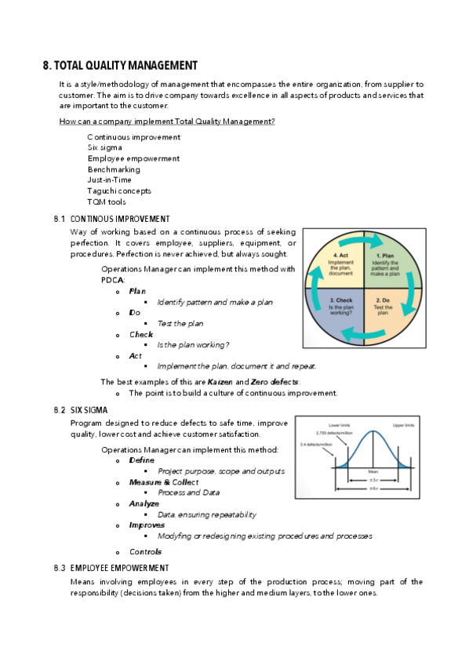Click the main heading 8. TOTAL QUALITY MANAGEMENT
pos(120,66)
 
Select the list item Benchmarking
pos(114,169)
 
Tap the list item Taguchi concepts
pos(119,191)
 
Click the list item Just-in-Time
pos(109,180)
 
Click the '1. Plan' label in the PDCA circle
pos(386,256)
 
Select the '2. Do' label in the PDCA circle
pos(384,300)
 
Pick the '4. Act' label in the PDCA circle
pos(341,256)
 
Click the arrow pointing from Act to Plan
pos(363,238)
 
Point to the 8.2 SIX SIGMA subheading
pos(86,411)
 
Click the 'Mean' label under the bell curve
pos(373,471)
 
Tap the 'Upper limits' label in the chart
pos(405,424)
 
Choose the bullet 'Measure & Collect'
pos(164,481)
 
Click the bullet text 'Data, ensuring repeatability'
pos(206,514)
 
